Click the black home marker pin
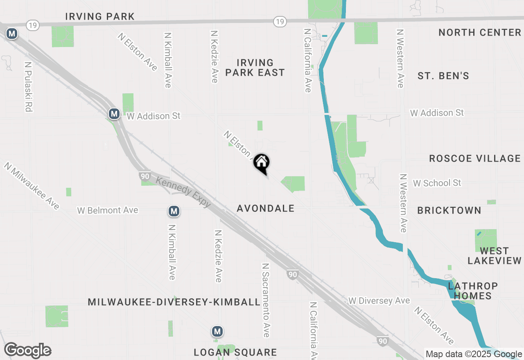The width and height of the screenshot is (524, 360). pos(261,163)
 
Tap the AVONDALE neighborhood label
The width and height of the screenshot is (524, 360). pos(266,209)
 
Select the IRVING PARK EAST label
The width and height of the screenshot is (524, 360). pos(255,68)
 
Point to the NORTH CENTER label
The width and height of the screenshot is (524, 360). pos(479,33)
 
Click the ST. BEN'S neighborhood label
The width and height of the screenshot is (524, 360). pos(443,76)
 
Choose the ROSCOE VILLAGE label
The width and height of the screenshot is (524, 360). pos(474,159)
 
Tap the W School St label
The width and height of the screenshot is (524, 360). pos(437,183)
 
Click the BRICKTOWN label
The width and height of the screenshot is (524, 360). pos(449,211)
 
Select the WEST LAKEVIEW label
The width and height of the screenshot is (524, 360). pos(495,256)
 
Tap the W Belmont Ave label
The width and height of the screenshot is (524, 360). pos(108,211)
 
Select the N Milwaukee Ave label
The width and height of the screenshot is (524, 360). pos(32,185)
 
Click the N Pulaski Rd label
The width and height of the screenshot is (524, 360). pos(28,87)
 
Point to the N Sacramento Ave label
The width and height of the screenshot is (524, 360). pos(266,300)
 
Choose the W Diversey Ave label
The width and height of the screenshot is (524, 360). pos(379,301)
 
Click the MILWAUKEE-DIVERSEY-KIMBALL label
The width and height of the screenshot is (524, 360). pos(174,302)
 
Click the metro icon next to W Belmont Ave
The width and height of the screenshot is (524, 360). pos(174,211)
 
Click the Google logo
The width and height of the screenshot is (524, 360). pos(27,351)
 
